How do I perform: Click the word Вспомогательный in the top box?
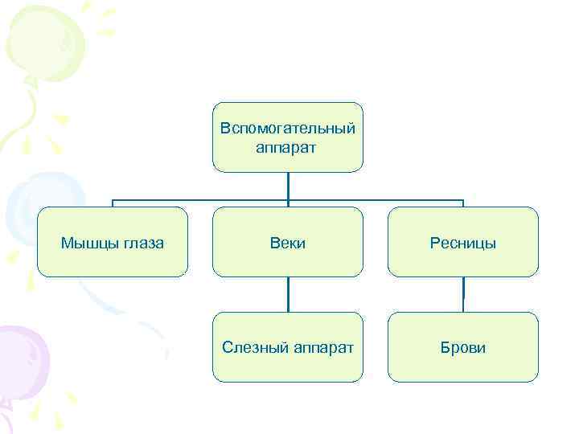click(x=287, y=129)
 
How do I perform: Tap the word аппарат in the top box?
click(x=287, y=147)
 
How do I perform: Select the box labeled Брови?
click(x=462, y=347)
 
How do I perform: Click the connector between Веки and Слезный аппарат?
click(x=287, y=294)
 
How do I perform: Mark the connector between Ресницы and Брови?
click(x=462, y=294)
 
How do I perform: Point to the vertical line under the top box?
click(x=287, y=186)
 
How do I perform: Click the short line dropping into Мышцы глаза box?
click(x=112, y=203)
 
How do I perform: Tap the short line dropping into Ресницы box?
click(x=463, y=203)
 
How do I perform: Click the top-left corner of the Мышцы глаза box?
click(x=39, y=209)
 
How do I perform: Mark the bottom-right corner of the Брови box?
click(x=536, y=379)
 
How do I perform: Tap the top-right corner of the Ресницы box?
click(x=536, y=209)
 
